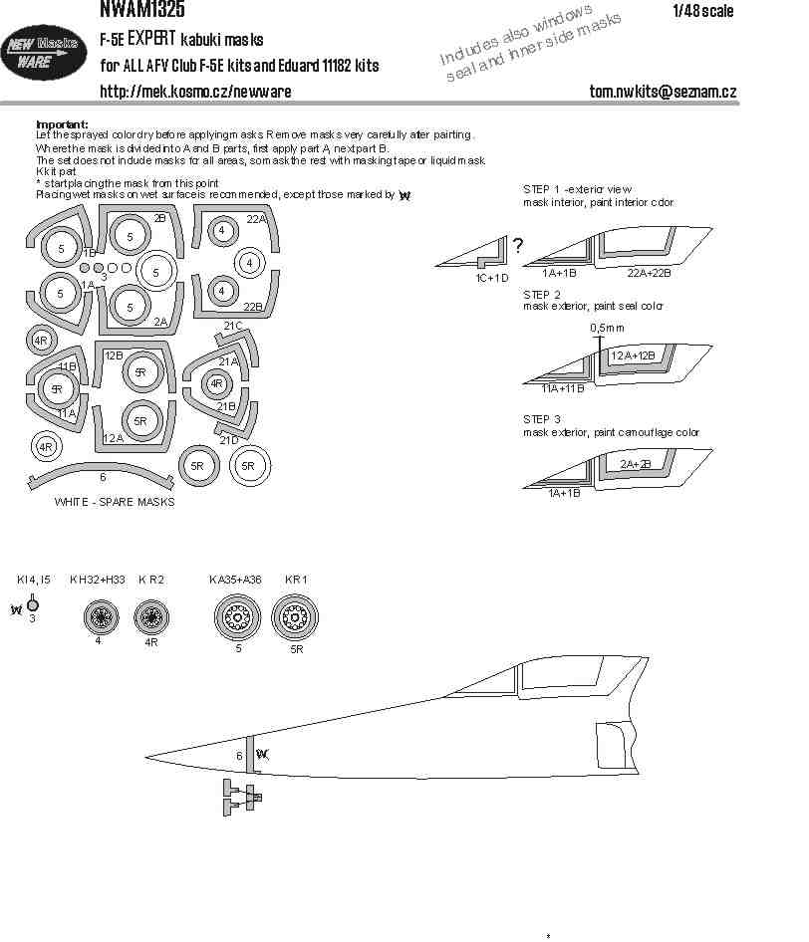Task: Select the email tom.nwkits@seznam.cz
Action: click(x=663, y=91)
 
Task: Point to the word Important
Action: click(x=61, y=123)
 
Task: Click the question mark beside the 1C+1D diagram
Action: click(x=517, y=246)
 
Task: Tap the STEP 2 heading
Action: click(x=542, y=295)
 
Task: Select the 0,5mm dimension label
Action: click(x=606, y=327)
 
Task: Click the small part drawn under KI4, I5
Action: click(x=32, y=603)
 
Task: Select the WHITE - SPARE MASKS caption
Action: click(x=115, y=502)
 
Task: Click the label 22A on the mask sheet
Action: click(x=256, y=219)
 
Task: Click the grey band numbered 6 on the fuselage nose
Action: click(x=251, y=758)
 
